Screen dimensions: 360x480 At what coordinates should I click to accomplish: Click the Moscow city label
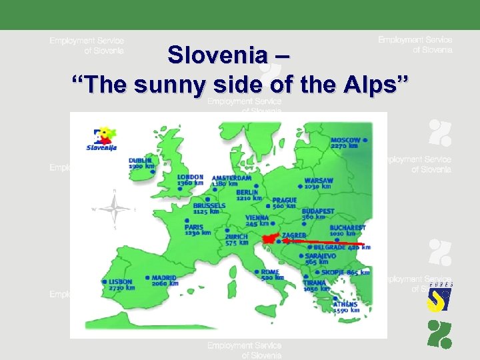click(345, 142)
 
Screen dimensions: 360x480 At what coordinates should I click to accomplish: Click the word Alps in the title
click(387, 85)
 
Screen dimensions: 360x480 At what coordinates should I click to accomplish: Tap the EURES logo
click(439, 297)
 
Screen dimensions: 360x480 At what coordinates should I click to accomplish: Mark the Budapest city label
click(317, 214)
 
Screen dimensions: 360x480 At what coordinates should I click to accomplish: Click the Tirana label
click(314, 285)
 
